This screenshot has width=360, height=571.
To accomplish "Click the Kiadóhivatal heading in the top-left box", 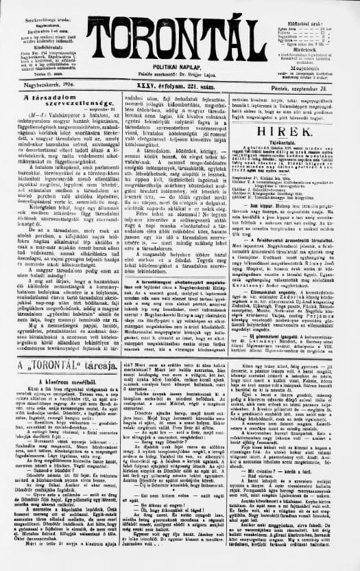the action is click(41, 46).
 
